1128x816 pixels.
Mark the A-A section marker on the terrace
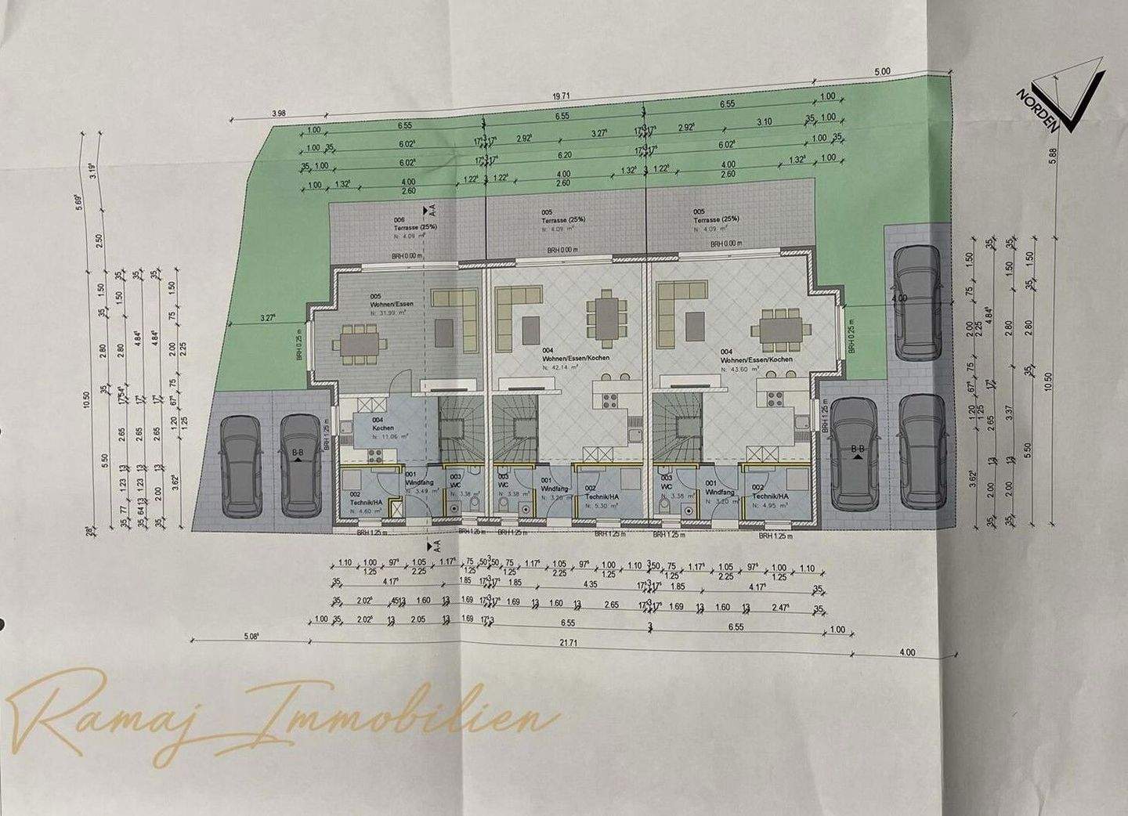[429, 210]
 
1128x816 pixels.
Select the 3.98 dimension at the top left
[277, 114]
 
